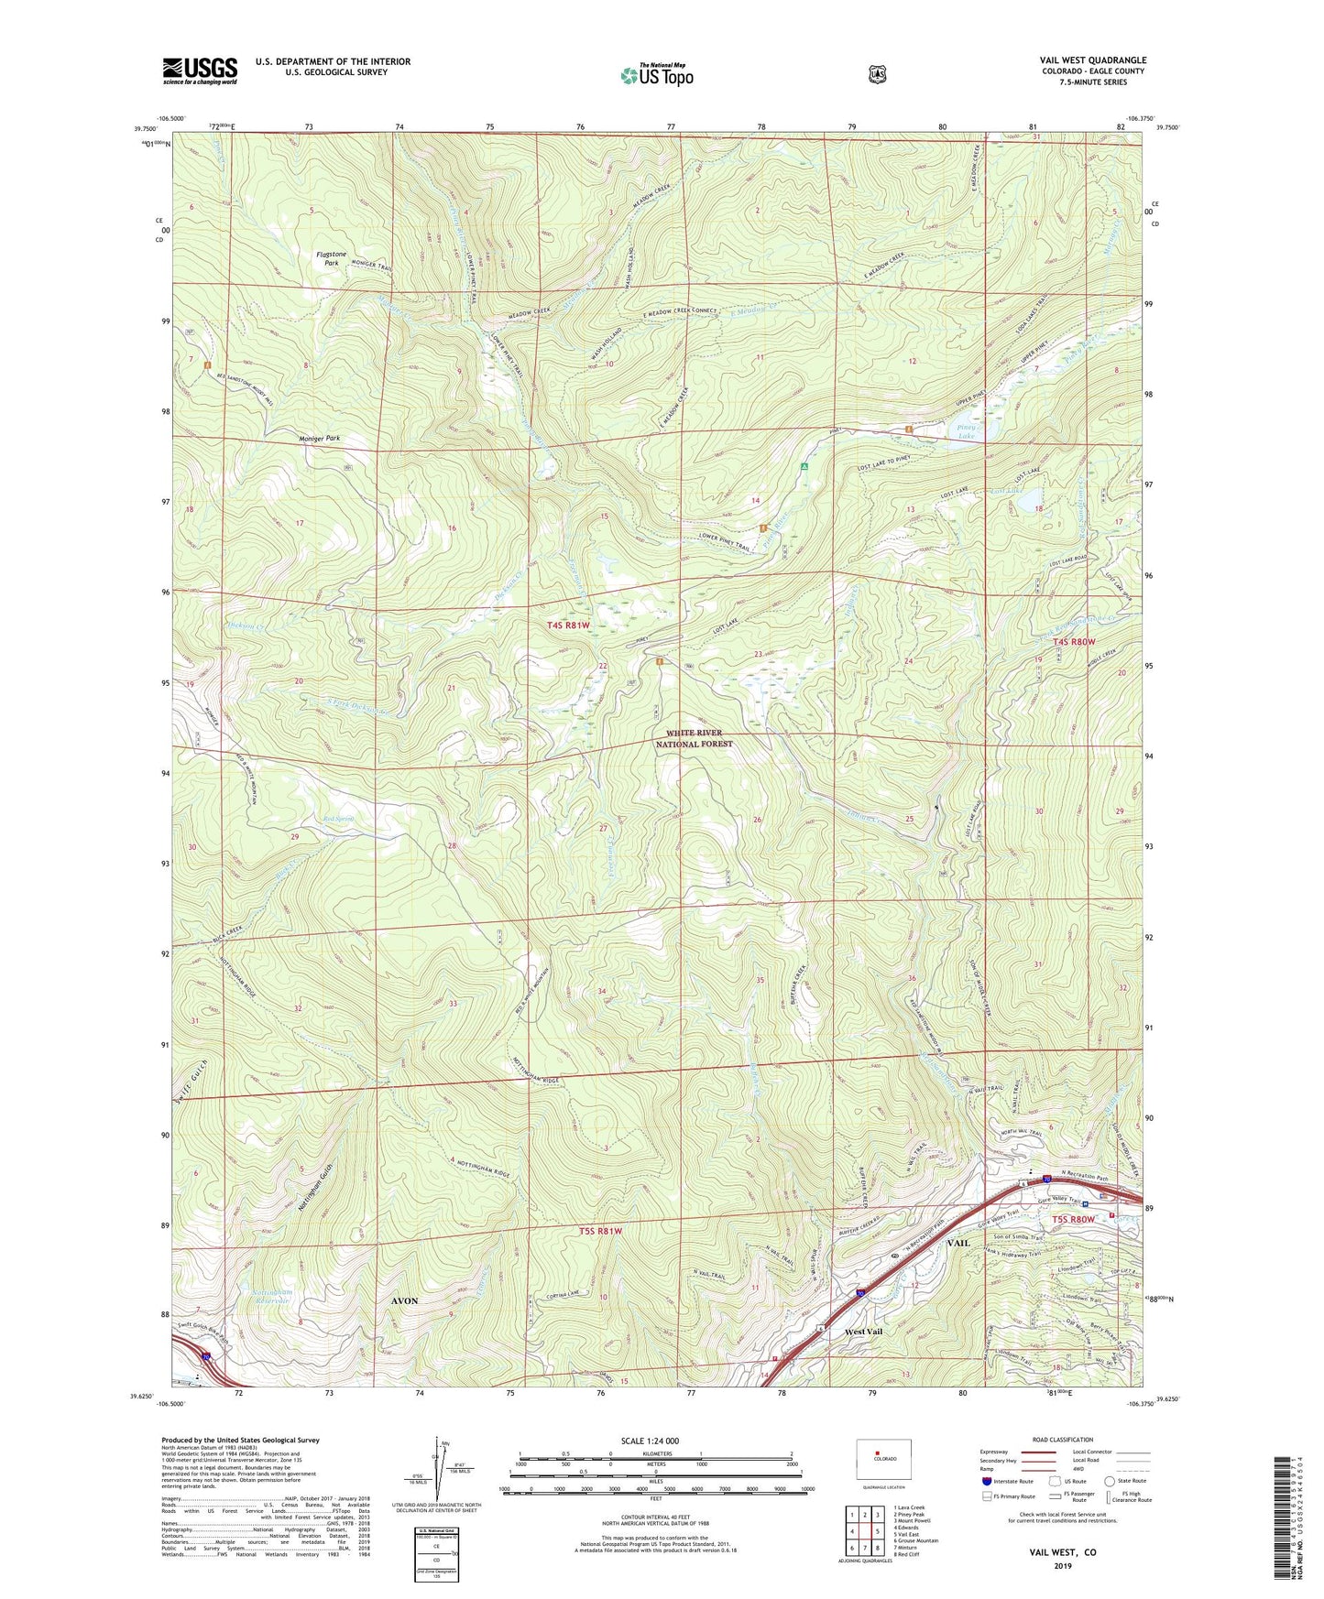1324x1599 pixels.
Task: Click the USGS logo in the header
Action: (x=200, y=71)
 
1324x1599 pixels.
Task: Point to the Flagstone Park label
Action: (x=327, y=258)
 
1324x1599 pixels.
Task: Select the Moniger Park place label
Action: (x=319, y=439)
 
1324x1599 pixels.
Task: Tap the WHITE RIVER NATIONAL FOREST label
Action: (x=694, y=738)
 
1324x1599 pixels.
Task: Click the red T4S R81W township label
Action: (x=576, y=625)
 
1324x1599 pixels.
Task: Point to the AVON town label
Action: (x=404, y=1300)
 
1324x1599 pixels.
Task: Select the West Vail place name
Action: (x=863, y=1331)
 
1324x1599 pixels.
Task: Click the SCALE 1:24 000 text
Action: (x=650, y=1441)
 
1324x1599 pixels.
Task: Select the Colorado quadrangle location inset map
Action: (x=883, y=1459)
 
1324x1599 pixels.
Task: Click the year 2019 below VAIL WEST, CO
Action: (x=1062, y=1565)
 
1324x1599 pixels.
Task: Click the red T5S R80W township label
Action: (x=1073, y=1220)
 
